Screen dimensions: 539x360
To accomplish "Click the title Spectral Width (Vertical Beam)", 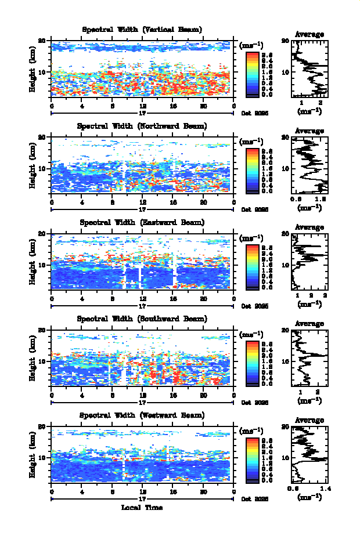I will [142, 30].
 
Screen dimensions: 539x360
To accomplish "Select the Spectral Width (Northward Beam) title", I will [142, 126].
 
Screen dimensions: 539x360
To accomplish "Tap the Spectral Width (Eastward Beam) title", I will [142, 222].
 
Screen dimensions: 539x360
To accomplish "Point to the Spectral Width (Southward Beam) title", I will [142, 319].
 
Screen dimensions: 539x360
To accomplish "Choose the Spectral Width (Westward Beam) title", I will [142, 415].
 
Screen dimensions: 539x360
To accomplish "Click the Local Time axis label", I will [142, 508].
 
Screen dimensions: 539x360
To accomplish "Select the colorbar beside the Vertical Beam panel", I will [252, 73].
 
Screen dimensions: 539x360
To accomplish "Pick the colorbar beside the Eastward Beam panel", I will [252, 266].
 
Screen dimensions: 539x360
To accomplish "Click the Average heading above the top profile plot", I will [309, 34].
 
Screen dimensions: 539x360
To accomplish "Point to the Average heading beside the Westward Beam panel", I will [309, 421].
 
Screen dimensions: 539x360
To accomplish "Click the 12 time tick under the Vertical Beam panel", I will [143, 106].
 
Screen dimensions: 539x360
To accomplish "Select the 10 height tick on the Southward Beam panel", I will [42, 361].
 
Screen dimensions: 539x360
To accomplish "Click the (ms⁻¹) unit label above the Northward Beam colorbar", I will [251, 141].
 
